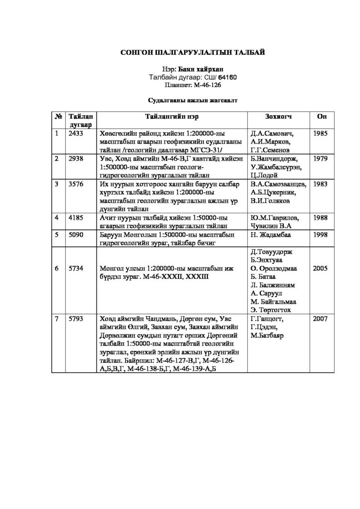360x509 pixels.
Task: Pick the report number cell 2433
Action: point(76,134)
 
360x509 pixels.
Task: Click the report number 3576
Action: point(76,183)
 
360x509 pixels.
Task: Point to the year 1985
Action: point(321,134)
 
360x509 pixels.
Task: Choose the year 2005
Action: point(321,268)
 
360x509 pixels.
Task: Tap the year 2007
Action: point(321,319)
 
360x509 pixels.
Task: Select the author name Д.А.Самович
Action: point(273,134)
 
